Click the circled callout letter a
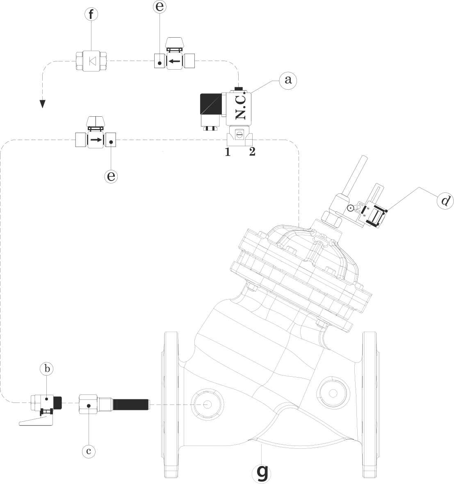pyautogui.click(x=288, y=80)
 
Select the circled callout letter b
pyautogui.click(x=47, y=369)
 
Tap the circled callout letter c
pyautogui.click(x=88, y=451)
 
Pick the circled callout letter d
pyautogui.click(x=445, y=201)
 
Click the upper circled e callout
pyautogui.click(x=160, y=7)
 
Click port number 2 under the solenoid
pyautogui.click(x=252, y=152)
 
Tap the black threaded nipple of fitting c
pyautogui.click(x=131, y=405)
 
